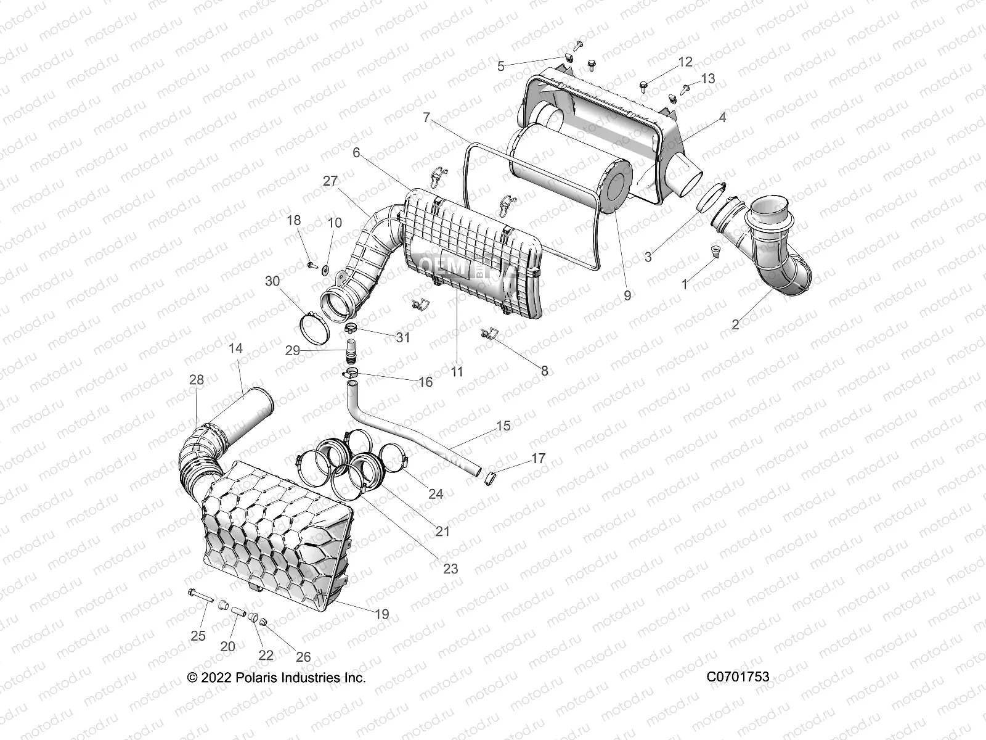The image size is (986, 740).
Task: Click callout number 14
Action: click(x=235, y=348)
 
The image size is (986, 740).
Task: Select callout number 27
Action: click(x=330, y=181)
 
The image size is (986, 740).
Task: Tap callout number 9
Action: click(x=627, y=295)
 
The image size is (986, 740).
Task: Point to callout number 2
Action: click(x=735, y=324)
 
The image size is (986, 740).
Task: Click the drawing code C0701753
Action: click(x=738, y=677)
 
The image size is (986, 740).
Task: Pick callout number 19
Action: click(x=381, y=614)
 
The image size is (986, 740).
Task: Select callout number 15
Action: click(x=503, y=426)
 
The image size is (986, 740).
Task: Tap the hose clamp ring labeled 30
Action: click(x=314, y=326)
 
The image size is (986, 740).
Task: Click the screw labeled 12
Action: click(x=643, y=85)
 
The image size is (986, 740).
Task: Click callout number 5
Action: click(x=500, y=65)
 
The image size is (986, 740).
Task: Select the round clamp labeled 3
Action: click(x=709, y=198)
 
